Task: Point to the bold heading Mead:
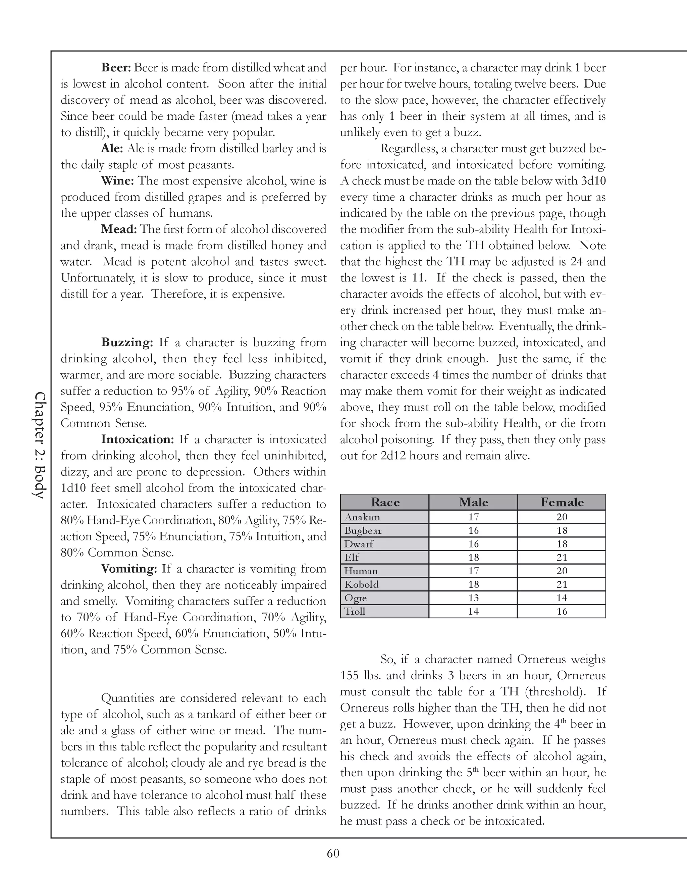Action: point(119,229)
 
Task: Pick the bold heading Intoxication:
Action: point(138,439)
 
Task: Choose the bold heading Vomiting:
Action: point(128,569)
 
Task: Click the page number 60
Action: point(333,853)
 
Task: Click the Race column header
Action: point(385,502)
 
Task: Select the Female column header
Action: point(562,502)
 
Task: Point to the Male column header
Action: point(473,502)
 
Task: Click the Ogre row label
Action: point(355,598)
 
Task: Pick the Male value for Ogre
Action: point(473,598)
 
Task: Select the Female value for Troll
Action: point(562,611)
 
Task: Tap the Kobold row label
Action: point(361,584)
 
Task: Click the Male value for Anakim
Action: point(473,517)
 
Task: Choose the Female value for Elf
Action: point(562,558)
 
